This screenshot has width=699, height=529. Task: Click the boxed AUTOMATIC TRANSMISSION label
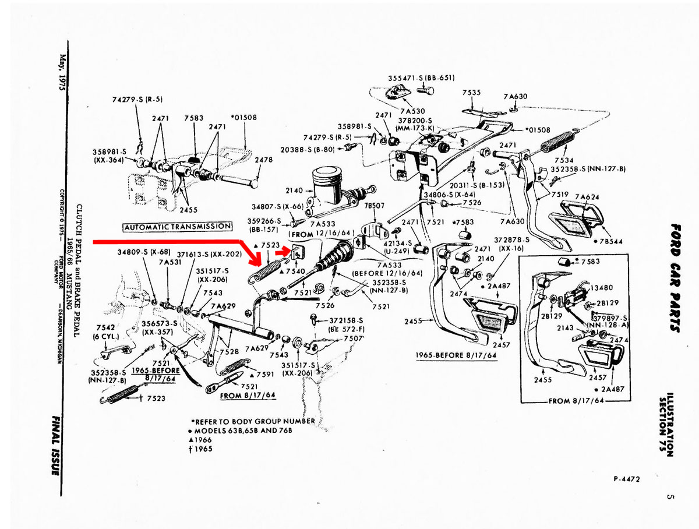click(177, 226)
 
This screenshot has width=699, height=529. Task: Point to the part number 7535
click(471, 93)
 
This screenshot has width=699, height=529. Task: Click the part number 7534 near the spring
click(563, 160)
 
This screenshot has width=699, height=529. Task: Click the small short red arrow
click(284, 252)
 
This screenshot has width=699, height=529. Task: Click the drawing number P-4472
click(626, 479)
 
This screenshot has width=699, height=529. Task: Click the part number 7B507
click(374, 206)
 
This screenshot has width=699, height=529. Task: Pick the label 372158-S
click(345, 320)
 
